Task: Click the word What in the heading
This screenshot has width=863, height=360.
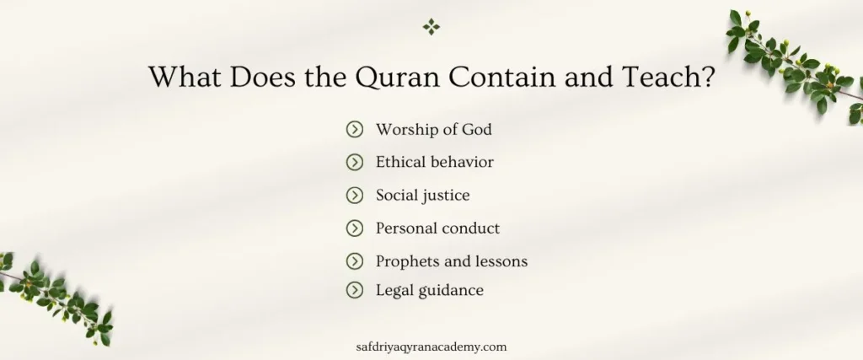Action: coord(187,78)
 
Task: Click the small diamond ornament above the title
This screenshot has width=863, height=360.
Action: coord(431,27)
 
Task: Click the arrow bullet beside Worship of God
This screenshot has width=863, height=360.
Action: coord(355,130)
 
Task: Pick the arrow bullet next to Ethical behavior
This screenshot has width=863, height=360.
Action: coord(355,162)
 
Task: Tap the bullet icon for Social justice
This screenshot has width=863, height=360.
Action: coord(355,195)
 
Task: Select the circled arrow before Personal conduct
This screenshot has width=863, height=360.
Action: coord(355,228)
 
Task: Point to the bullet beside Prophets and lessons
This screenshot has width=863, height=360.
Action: coord(355,261)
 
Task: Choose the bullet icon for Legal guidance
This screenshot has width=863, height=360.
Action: coord(355,290)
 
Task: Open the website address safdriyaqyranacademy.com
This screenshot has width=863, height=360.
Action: coord(431,346)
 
